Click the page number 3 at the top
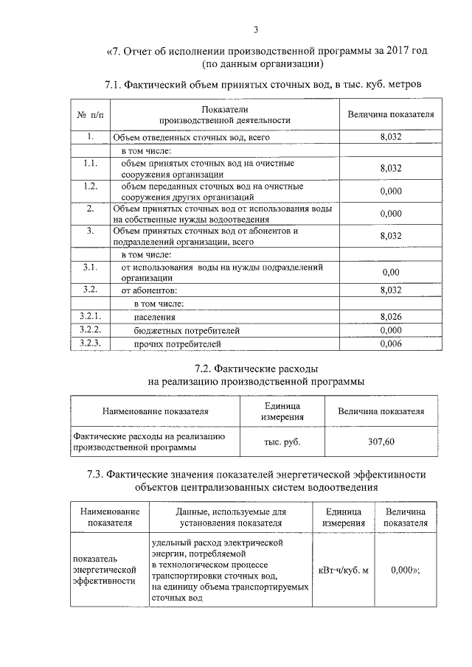point(256,29)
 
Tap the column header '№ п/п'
point(89,115)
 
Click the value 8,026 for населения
point(390,317)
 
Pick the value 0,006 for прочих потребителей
point(390,344)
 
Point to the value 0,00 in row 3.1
point(390,273)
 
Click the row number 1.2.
point(90,186)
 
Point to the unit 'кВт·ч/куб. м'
point(343,569)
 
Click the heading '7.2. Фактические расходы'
point(255,368)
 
